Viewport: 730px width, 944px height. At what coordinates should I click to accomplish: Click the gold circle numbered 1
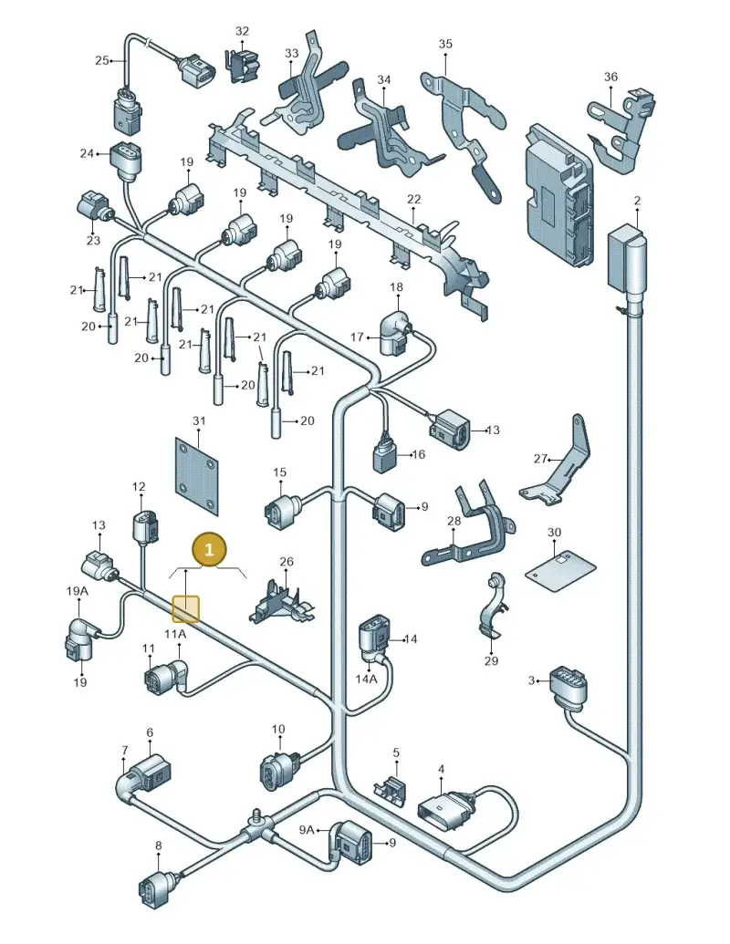[209, 550]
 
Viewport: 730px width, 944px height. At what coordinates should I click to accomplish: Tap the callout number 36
[610, 77]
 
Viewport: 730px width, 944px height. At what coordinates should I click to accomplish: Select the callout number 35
[445, 44]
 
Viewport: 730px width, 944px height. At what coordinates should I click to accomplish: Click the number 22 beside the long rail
[413, 199]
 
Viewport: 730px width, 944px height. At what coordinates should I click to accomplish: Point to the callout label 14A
[366, 679]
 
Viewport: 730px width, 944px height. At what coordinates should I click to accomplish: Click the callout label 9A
[307, 830]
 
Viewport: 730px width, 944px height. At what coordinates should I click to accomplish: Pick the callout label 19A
[77, 591]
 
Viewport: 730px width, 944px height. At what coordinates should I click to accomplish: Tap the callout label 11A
[175, 634]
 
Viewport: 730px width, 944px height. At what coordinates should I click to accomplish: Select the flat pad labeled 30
[561, 569]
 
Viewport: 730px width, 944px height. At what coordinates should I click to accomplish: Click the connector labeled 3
[567, 685]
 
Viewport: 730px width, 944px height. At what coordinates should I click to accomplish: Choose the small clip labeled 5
[391, 789]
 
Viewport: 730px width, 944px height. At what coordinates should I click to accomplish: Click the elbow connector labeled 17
[394, 333]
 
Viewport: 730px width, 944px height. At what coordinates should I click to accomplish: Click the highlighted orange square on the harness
[185, 608]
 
